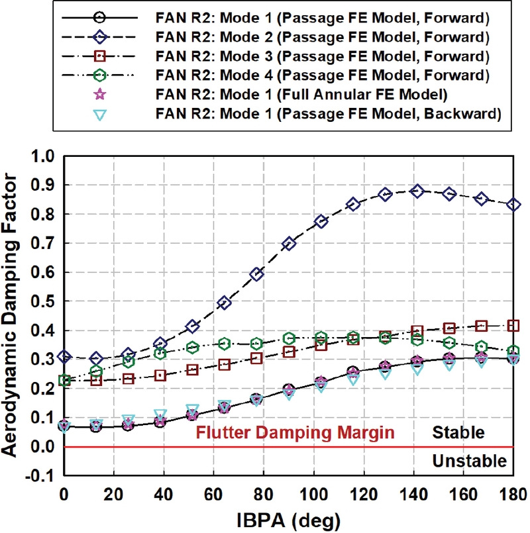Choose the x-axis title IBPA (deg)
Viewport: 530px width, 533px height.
[x=288, y=518]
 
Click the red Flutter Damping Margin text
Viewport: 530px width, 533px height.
[x=295, y=433]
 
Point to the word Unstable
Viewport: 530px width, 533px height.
[x=469, y=461]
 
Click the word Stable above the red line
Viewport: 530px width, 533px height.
[x=458, y=433]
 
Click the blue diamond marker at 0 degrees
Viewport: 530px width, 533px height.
[x=64, y=357]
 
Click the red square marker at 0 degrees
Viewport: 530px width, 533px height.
[x=64, y=381]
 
